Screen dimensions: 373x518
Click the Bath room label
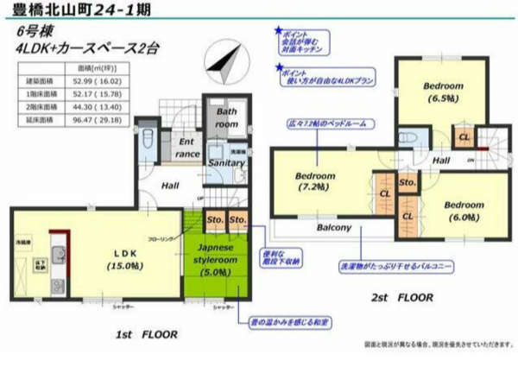tap(227, 118)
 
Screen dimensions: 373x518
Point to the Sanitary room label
tap(227, 162)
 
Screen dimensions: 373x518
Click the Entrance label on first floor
tap(188, 148)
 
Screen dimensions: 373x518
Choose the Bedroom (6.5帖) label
tap(443, 92)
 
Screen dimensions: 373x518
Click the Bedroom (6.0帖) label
tap(465, 212)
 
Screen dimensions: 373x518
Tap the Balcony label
tap(332, 229)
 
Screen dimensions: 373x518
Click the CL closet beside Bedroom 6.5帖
tap(464, 137)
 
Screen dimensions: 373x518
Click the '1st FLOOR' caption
tap(146, 332)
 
